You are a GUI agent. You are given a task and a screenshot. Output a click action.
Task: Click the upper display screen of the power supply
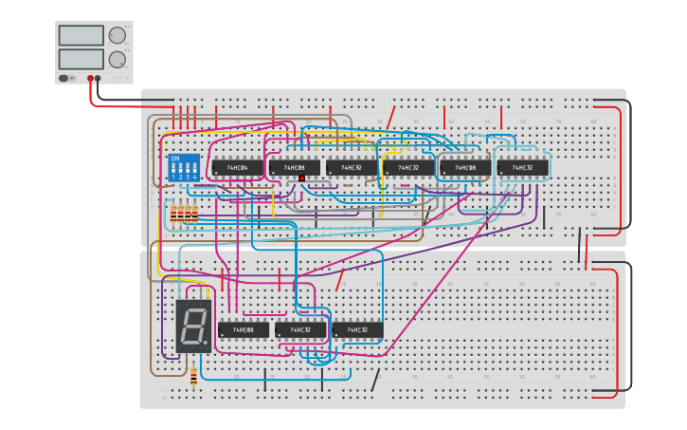pos(81,35)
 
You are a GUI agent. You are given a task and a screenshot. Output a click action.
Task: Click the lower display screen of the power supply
pos(81,59)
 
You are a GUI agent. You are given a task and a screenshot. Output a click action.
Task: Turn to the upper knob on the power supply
pos(117,36)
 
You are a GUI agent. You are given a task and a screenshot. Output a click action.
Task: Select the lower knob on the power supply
pos(117,59)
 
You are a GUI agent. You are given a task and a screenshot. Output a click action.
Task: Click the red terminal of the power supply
pos(91,79)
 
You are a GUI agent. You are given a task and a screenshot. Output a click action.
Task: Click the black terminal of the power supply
pos(98,79)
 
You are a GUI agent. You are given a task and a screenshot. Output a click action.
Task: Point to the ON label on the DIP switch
pos(174,159)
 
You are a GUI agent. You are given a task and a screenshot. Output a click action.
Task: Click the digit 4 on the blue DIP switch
pos(195,177)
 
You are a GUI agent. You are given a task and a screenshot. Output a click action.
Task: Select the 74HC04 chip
pos(237,168)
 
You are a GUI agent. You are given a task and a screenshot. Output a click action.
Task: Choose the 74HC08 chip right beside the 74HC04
pos(295,168)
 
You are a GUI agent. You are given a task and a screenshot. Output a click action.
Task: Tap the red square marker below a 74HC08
pos(301,178)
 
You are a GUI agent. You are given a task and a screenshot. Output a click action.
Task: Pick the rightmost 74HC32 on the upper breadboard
pos(522,168)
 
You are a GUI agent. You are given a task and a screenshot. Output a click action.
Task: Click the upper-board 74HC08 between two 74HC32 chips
pos(465,168)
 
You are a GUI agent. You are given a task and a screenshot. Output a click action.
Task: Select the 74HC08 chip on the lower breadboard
pos(244,330)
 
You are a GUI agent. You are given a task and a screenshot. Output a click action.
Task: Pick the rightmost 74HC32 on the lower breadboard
pos(357,330)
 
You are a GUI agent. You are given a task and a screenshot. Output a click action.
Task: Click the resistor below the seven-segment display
pos(194,378)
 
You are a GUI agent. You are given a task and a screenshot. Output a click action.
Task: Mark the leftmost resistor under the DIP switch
pos(172,216)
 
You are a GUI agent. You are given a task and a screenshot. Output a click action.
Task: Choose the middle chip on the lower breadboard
pos(300,330)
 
